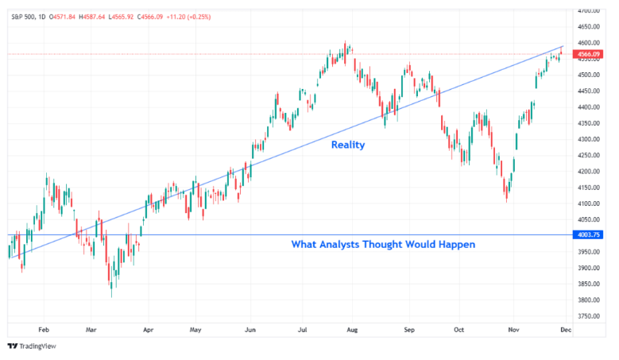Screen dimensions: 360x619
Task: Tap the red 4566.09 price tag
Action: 589,55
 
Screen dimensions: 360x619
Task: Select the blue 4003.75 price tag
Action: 589,234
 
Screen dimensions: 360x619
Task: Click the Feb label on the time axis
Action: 44,327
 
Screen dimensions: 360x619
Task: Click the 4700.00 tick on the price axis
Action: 589,10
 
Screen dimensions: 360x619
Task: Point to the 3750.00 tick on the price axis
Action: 589,316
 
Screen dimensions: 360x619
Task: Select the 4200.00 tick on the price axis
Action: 589,171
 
